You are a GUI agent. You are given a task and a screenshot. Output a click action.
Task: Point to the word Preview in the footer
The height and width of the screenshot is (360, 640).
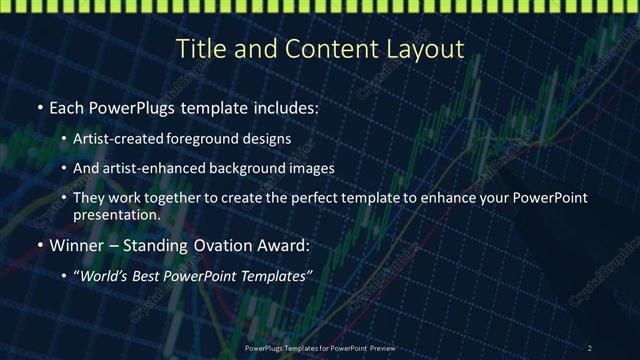378,347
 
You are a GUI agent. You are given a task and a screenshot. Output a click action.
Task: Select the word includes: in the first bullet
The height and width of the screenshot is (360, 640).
285,107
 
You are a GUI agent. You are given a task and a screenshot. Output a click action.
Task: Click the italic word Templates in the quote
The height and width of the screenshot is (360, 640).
277,275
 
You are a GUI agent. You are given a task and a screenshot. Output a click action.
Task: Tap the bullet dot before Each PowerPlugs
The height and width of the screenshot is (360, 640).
39,108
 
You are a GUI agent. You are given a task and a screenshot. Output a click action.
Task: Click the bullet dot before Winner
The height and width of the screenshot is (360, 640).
39,245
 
